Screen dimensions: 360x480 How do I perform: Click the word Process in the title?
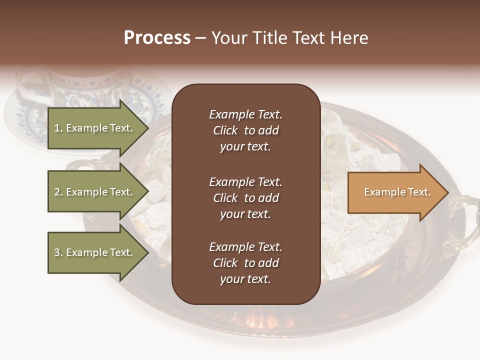pos(157,38)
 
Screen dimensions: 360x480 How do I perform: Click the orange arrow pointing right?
pos(395,192)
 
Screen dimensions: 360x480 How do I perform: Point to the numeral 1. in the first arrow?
pos(58,128)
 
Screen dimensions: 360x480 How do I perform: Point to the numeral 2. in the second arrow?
pos(58,192)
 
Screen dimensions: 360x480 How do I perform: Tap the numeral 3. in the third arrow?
pos(58,253)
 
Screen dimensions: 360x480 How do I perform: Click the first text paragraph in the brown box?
pos(245,130)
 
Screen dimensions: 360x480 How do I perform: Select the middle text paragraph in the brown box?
pos(245,198)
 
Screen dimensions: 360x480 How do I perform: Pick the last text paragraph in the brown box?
pos(245,263)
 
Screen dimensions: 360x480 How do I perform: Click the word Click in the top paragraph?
pos(225,130)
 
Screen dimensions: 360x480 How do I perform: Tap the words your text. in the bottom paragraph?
pos(245,279)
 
